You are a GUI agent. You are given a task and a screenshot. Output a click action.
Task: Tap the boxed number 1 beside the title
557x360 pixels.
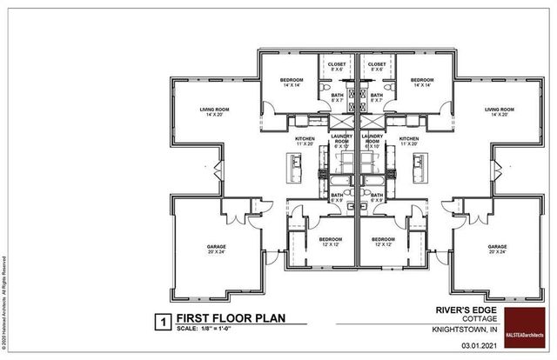click(160, 321)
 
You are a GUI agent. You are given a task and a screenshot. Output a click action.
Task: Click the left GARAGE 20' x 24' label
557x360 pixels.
click(216, 249)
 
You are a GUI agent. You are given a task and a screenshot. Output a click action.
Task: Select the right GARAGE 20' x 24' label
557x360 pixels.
click(497, 249)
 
